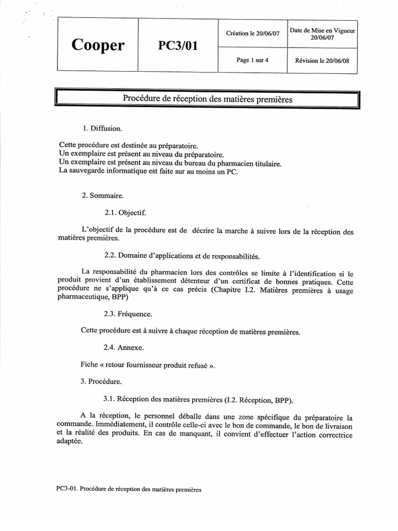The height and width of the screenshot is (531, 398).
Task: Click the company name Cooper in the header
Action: [x=97, y=45]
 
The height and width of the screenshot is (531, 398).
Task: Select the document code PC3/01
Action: [x=177, y=46]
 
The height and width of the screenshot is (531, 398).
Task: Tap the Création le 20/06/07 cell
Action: [x=253, y=34]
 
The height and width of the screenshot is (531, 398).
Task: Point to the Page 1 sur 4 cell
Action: [x=252, y=60]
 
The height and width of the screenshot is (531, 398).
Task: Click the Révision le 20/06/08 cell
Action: [x=322, y=60]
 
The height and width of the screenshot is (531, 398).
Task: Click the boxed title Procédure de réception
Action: [x=207, y=99]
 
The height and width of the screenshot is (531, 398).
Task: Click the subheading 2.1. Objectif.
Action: [x=125, y=213]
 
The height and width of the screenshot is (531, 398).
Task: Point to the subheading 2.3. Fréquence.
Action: [x=128, y=314]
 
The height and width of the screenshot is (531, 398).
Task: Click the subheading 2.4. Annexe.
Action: [x=124, y=347]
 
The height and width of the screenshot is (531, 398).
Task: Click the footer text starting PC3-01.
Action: [x=127, y=489]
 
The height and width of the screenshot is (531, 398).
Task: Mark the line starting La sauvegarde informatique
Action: [x=148, y=172]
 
